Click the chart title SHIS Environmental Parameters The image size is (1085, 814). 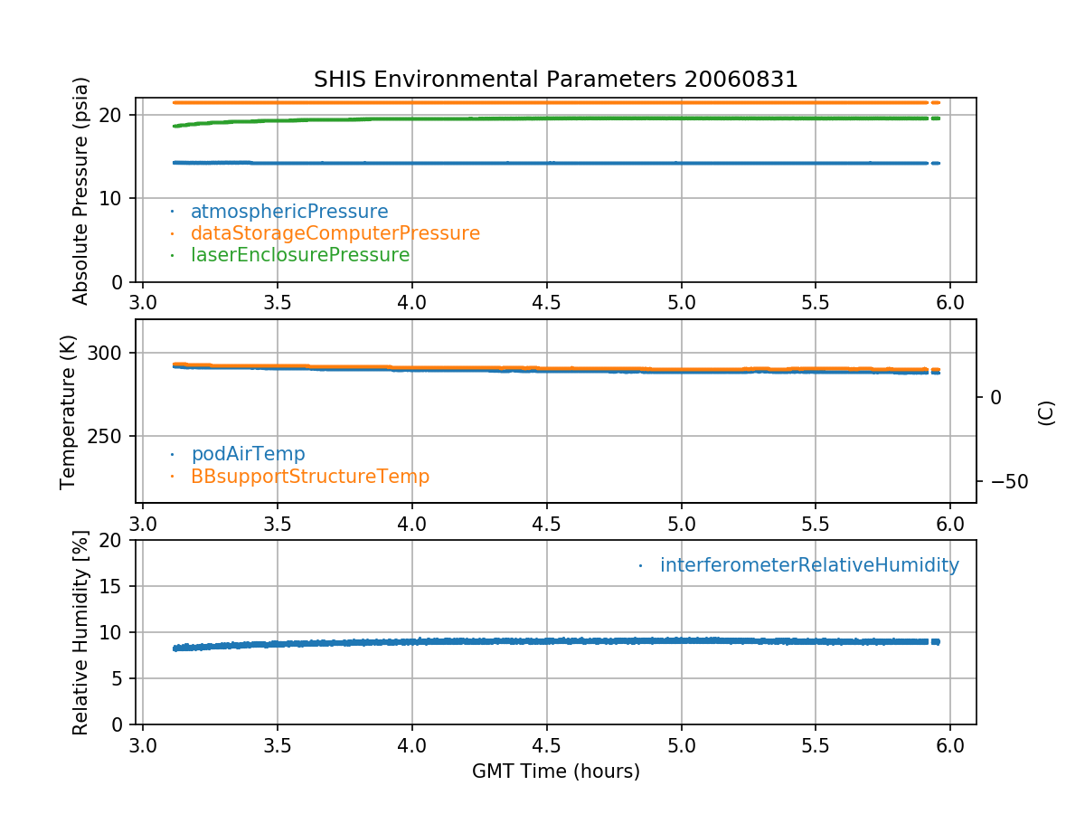555,80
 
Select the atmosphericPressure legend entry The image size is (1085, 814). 288,212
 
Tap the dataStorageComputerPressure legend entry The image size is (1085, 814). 335,233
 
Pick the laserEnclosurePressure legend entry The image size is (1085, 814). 299,255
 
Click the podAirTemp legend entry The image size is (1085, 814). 248,454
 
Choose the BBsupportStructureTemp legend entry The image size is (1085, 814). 309,476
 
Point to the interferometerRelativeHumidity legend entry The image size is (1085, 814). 808,565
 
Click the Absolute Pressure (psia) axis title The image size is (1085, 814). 80,190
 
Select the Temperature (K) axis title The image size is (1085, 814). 69,412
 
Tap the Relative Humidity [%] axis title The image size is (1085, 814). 80,632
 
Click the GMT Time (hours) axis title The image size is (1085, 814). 555,771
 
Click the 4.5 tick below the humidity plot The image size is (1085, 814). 546,747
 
